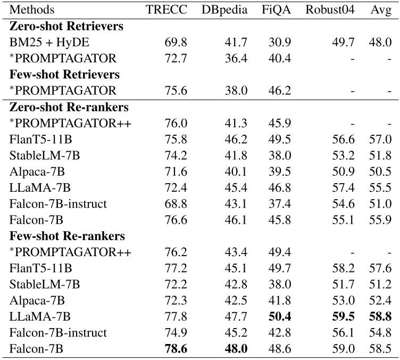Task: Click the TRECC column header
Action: pyautogui.click(x=166, y=10)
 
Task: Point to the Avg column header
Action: pyautogui.click(x=380, y=10)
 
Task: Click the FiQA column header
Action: pyautogui.click(x=276, y=10)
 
